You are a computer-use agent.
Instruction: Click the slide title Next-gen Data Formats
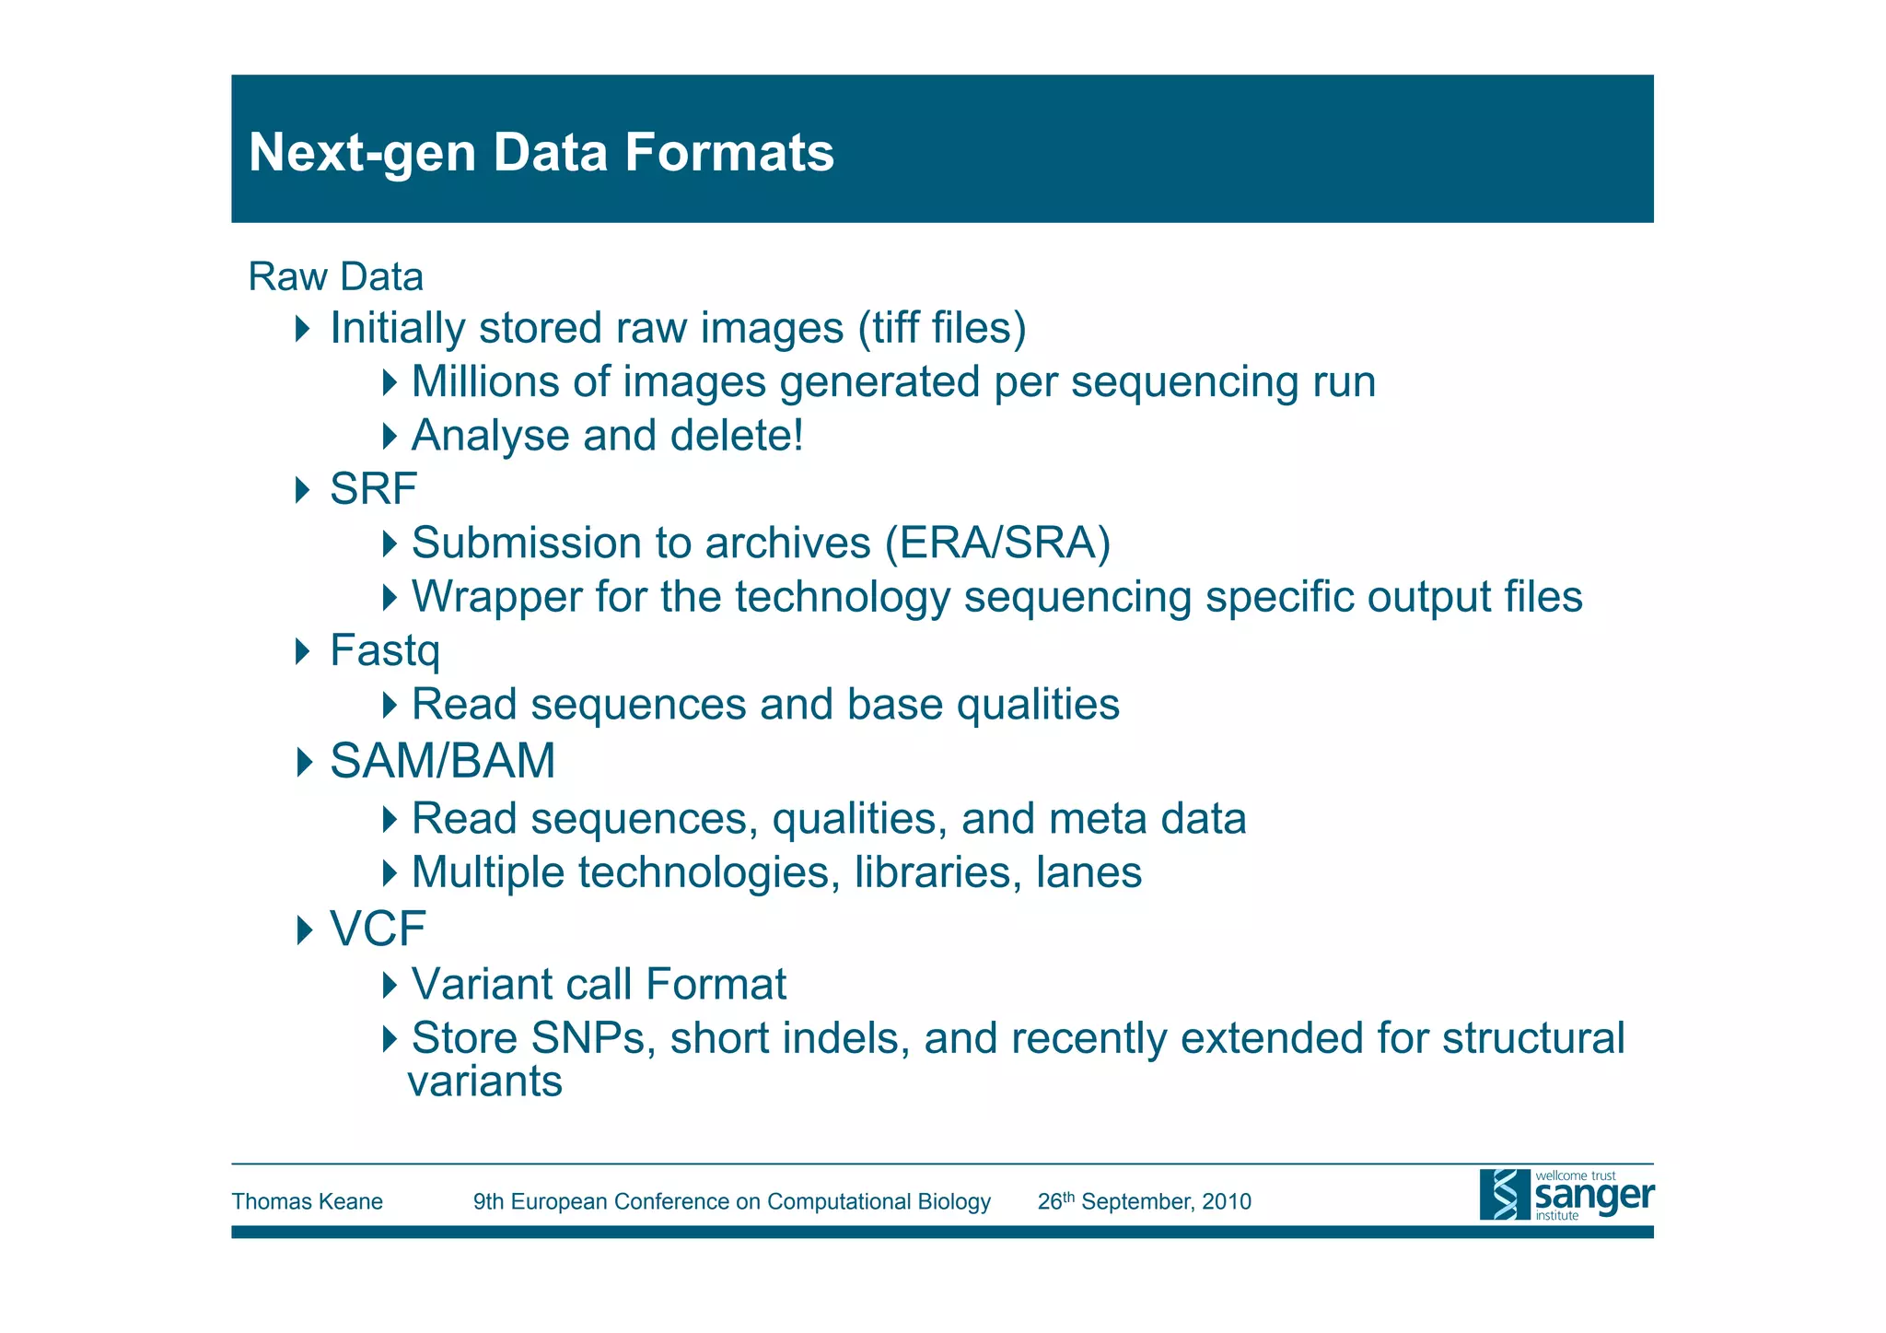click(x=541, y=152)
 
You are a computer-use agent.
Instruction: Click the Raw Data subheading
click(x=336, y=277)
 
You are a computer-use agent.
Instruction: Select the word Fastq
click(x=385, y=651)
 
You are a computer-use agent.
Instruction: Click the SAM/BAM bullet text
click(x=443, y=762)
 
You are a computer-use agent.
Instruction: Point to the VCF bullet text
click(x=378, y=929)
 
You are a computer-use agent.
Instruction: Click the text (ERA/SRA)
click(x=998, y=544)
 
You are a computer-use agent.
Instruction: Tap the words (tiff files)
click(x=942, y=329)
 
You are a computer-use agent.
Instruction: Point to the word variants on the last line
click(x=485, y=1082)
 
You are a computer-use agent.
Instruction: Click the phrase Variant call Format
click(x=599, y=985)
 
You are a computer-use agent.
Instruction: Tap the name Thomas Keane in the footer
click(x=307, y=1202)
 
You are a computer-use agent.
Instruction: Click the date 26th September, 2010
click(x=1144, y=1202)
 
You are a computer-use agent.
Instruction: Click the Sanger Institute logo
click(x=1566, y=1195)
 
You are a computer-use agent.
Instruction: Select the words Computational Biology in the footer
click(x=879, y=1202)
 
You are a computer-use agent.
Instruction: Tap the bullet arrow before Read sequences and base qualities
click(x=390, y=706)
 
